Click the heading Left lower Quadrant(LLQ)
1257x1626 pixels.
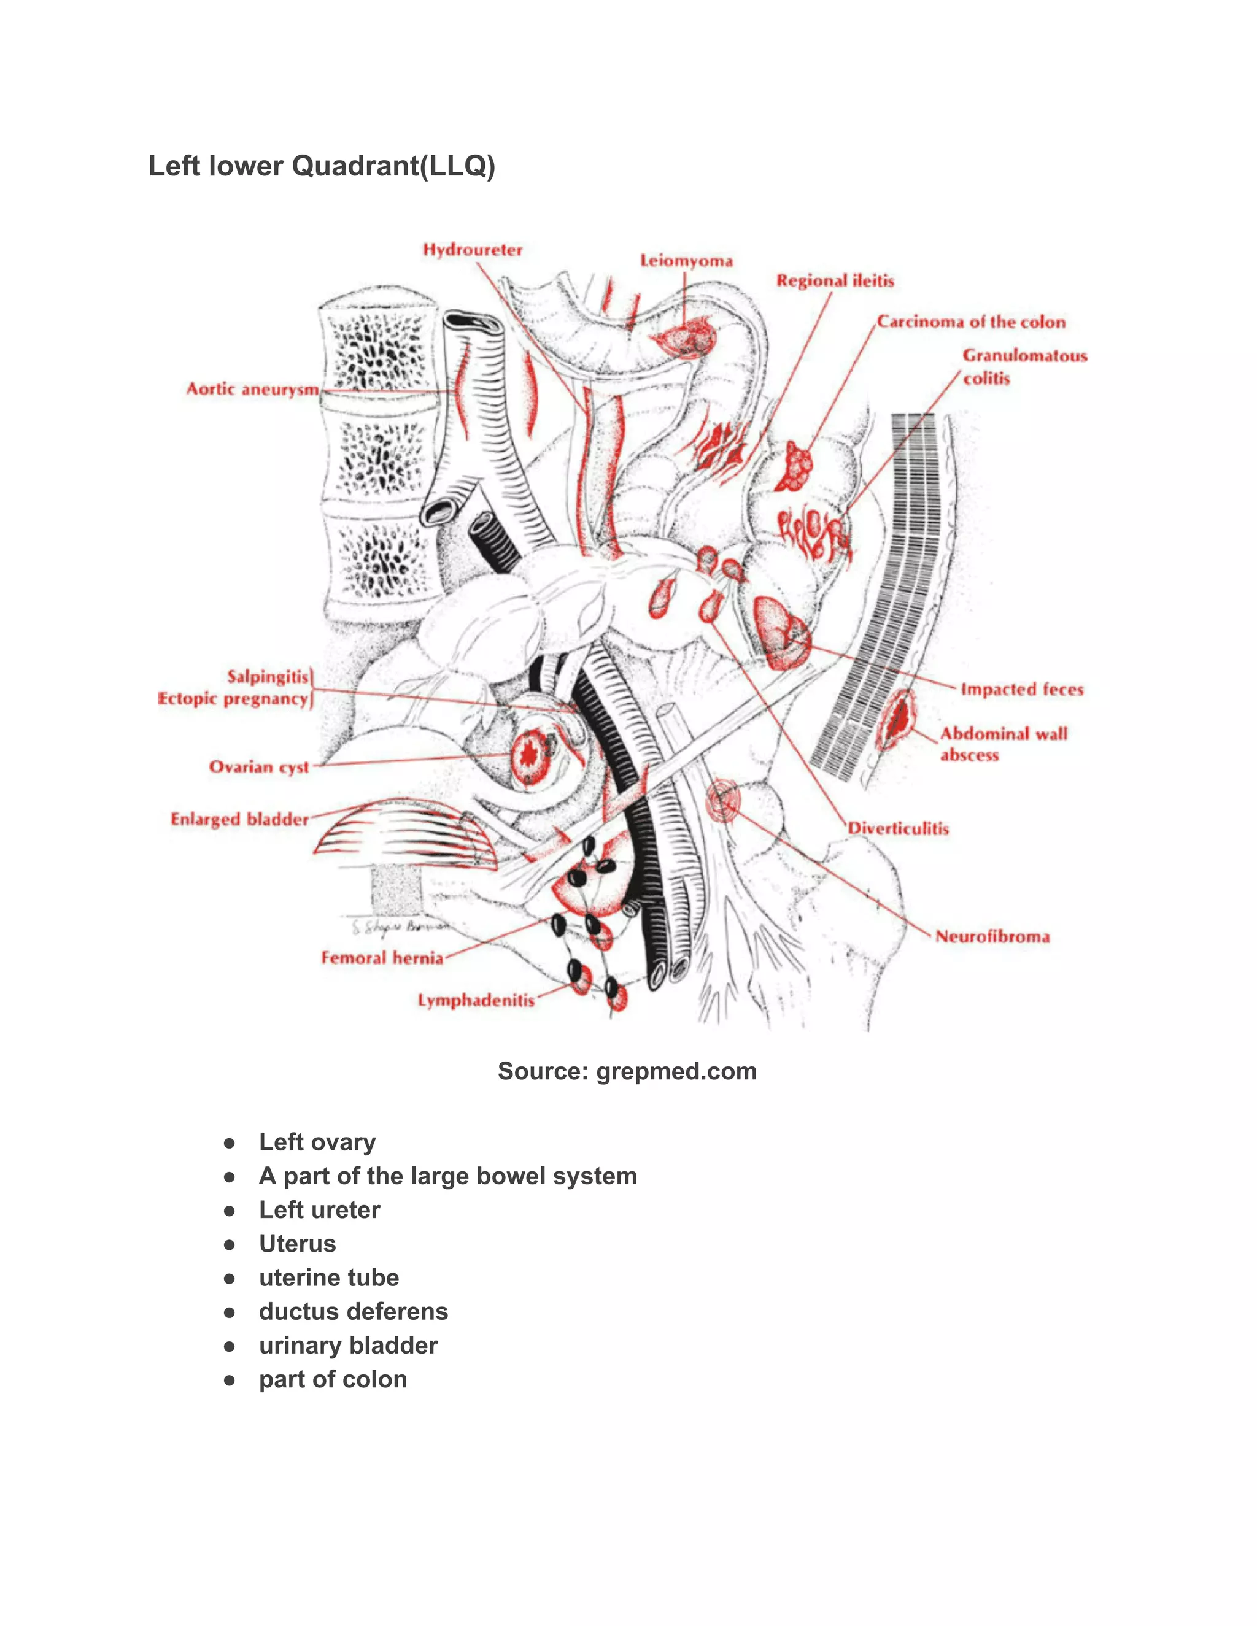tap(322, 166)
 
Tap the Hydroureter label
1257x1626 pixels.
tap(473, 249)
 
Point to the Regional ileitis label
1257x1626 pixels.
tap(835, 280)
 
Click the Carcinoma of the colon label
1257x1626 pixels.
tap(971, 322)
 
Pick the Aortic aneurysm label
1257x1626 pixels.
tap(252, 390)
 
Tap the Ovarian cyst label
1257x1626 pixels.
tap(259, 767)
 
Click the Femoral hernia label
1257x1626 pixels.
tap(382, 957)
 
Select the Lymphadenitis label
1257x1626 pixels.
tap(476, 1000)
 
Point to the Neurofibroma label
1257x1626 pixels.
tap(992, 936)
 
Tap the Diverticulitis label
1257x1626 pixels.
tap(899, 828)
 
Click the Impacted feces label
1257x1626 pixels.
tap(1022, 690)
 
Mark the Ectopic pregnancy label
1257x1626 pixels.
tap(233, 698)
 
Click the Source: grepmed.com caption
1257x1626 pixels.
tap(627, 1071)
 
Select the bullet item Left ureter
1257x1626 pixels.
tap(319, 1210)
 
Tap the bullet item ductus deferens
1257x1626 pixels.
tap(353, 1311)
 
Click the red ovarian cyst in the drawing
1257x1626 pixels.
tap(530, 757)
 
